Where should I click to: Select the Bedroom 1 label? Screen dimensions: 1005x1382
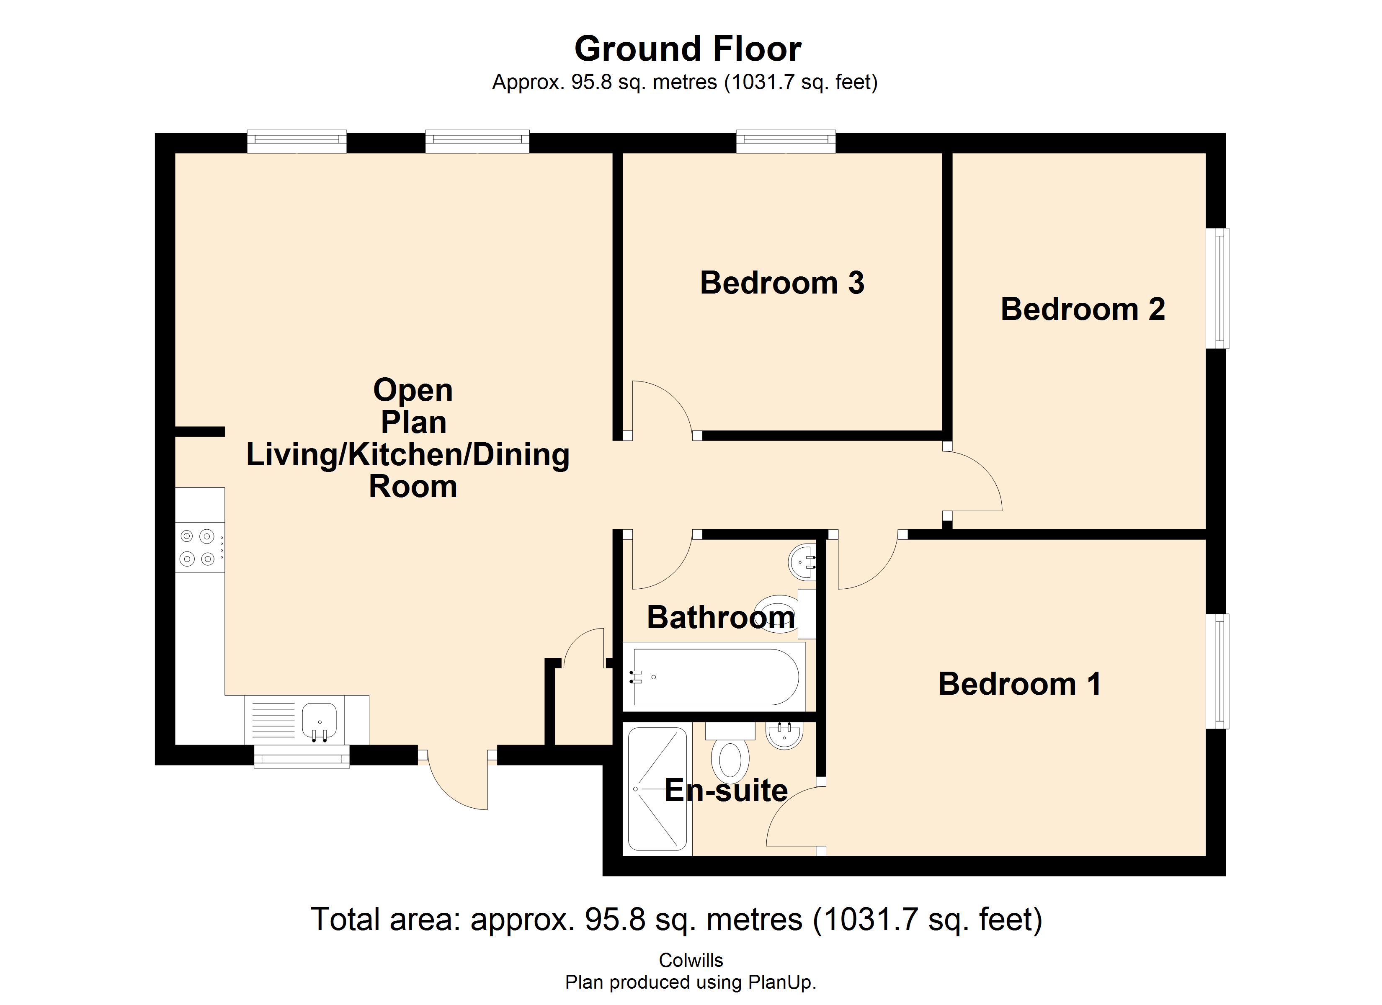pos(1019,684)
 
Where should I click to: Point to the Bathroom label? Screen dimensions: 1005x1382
pos(720,617)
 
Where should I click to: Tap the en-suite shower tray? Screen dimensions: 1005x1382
pos(657,788)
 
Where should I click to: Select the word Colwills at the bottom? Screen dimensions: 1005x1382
pos(691,961)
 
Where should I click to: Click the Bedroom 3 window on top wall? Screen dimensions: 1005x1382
pos(786,142)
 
